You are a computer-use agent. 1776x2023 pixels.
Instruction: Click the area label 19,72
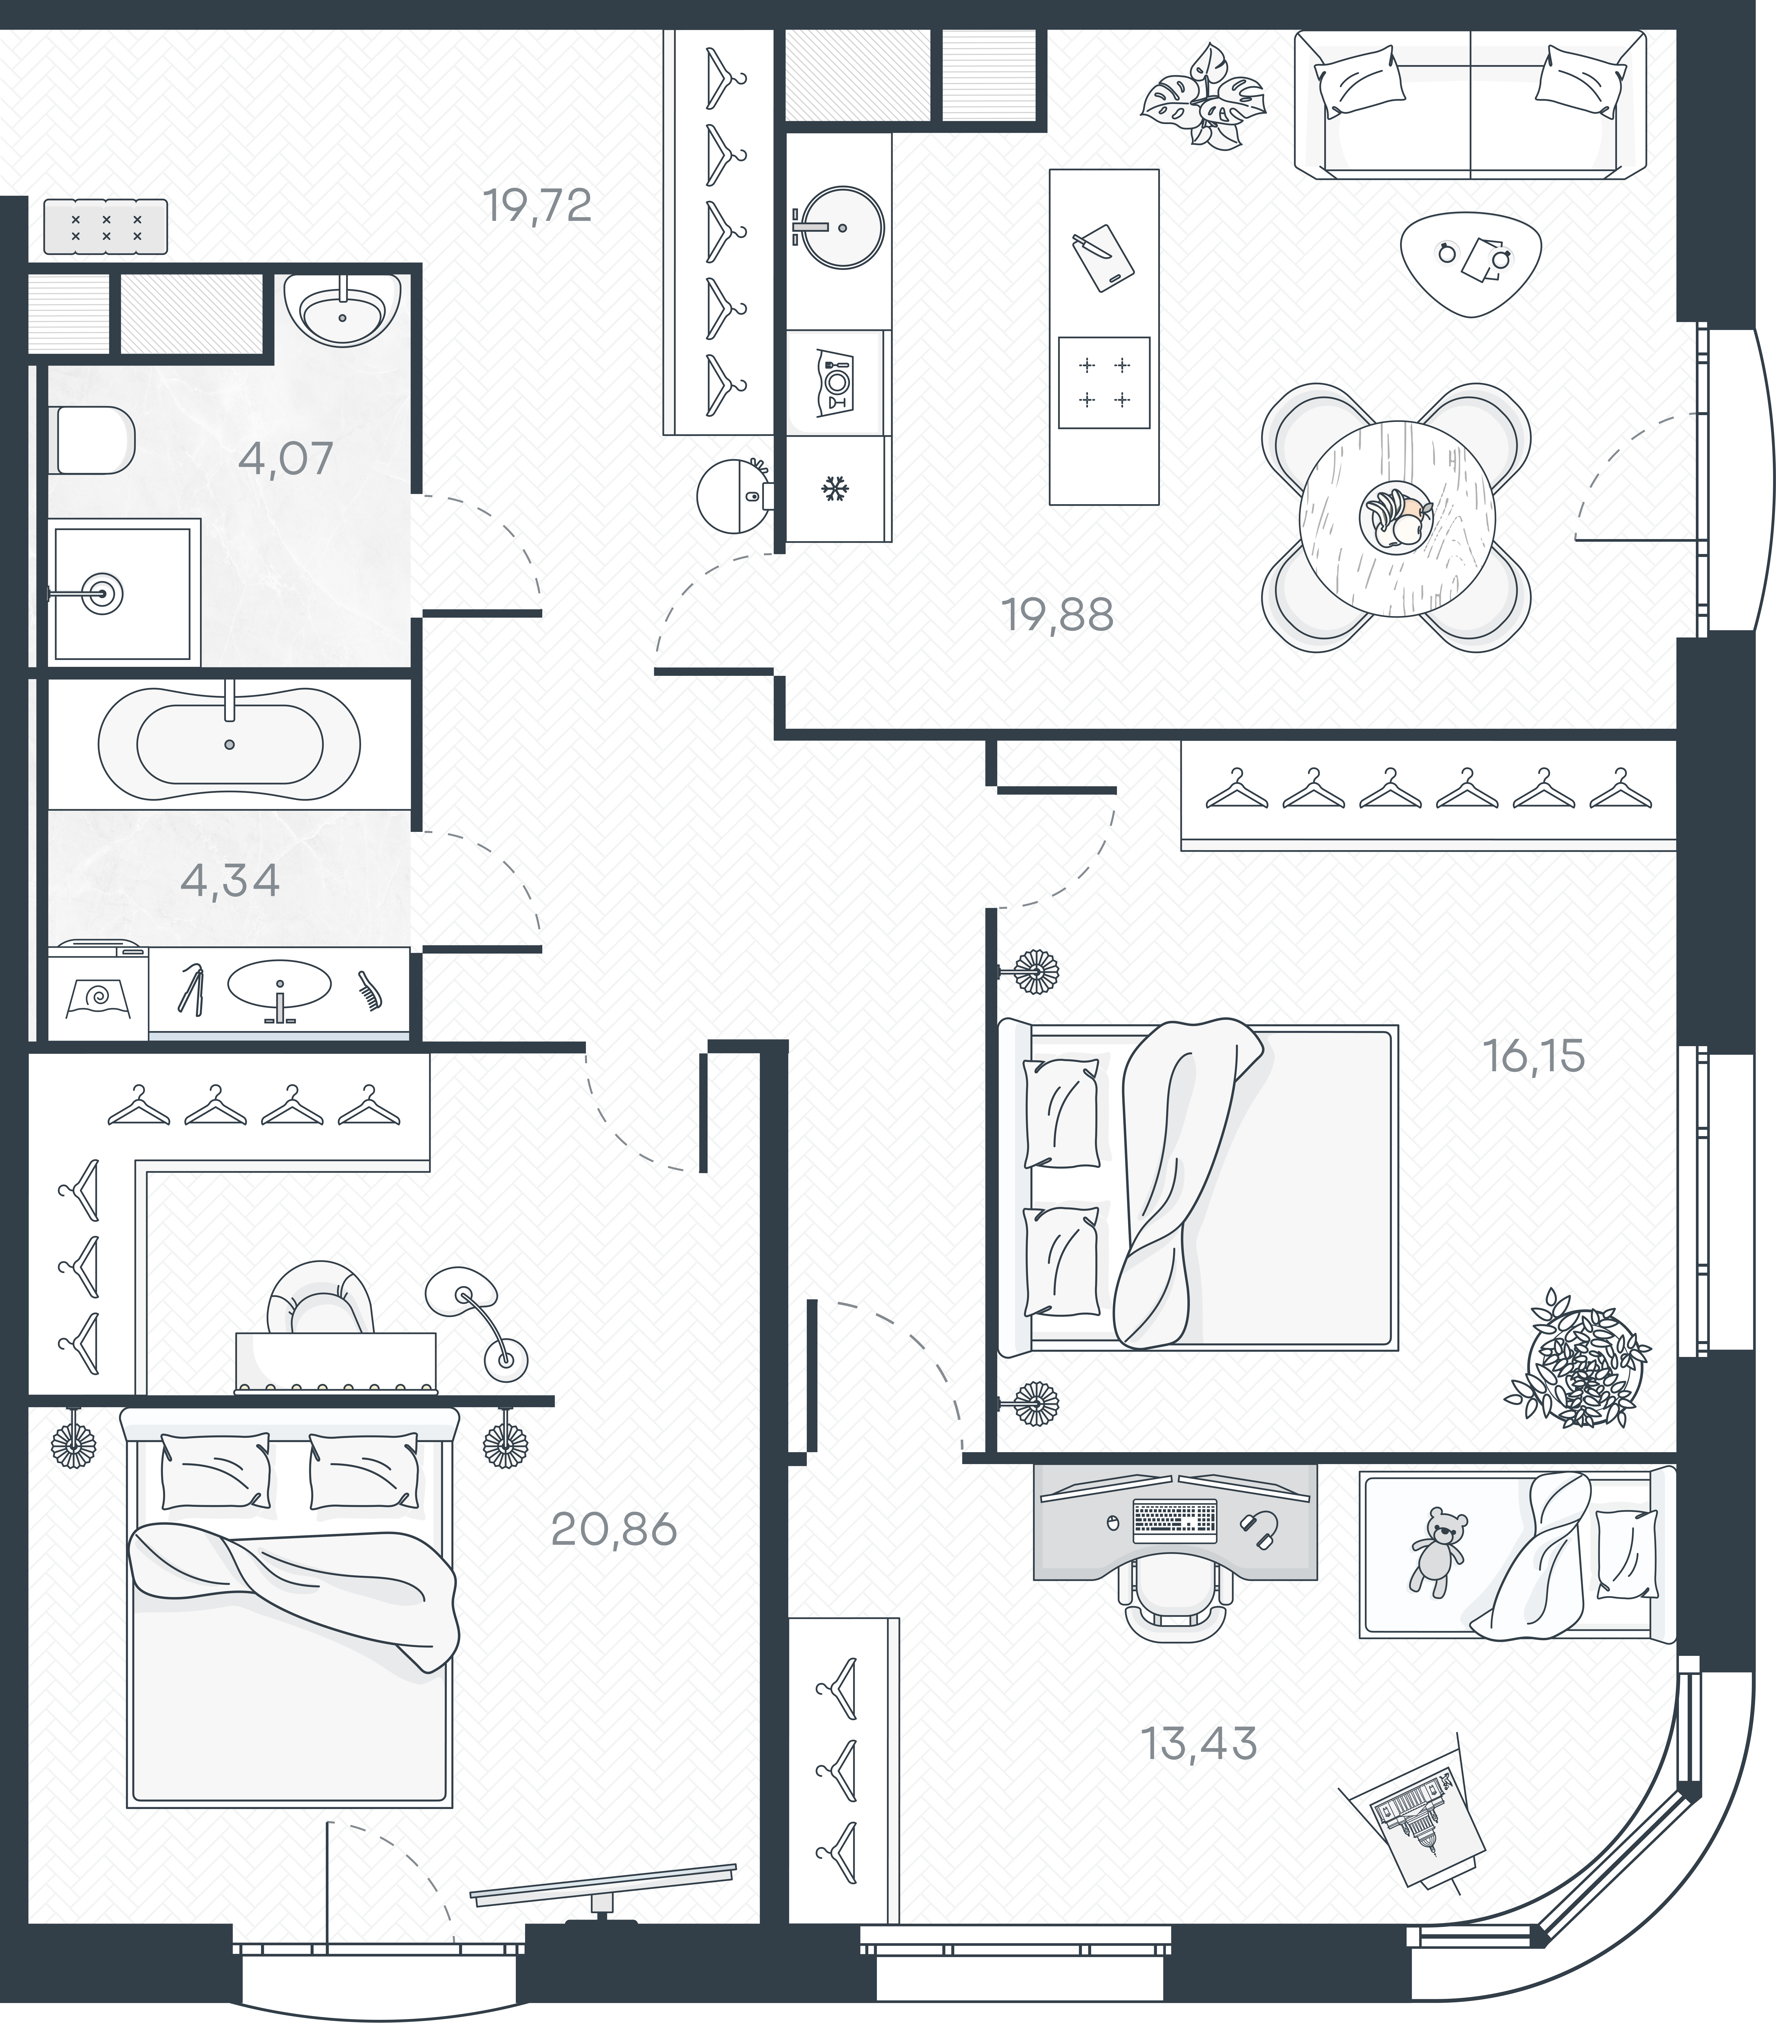[538, 206]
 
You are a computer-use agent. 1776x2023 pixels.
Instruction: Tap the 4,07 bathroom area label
[286, 459]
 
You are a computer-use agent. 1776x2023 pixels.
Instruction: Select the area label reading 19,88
[1057, 616]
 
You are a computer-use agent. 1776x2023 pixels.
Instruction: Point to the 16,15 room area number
[1533, 1057]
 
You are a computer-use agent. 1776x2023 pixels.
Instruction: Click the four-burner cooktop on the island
[1104, 383]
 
